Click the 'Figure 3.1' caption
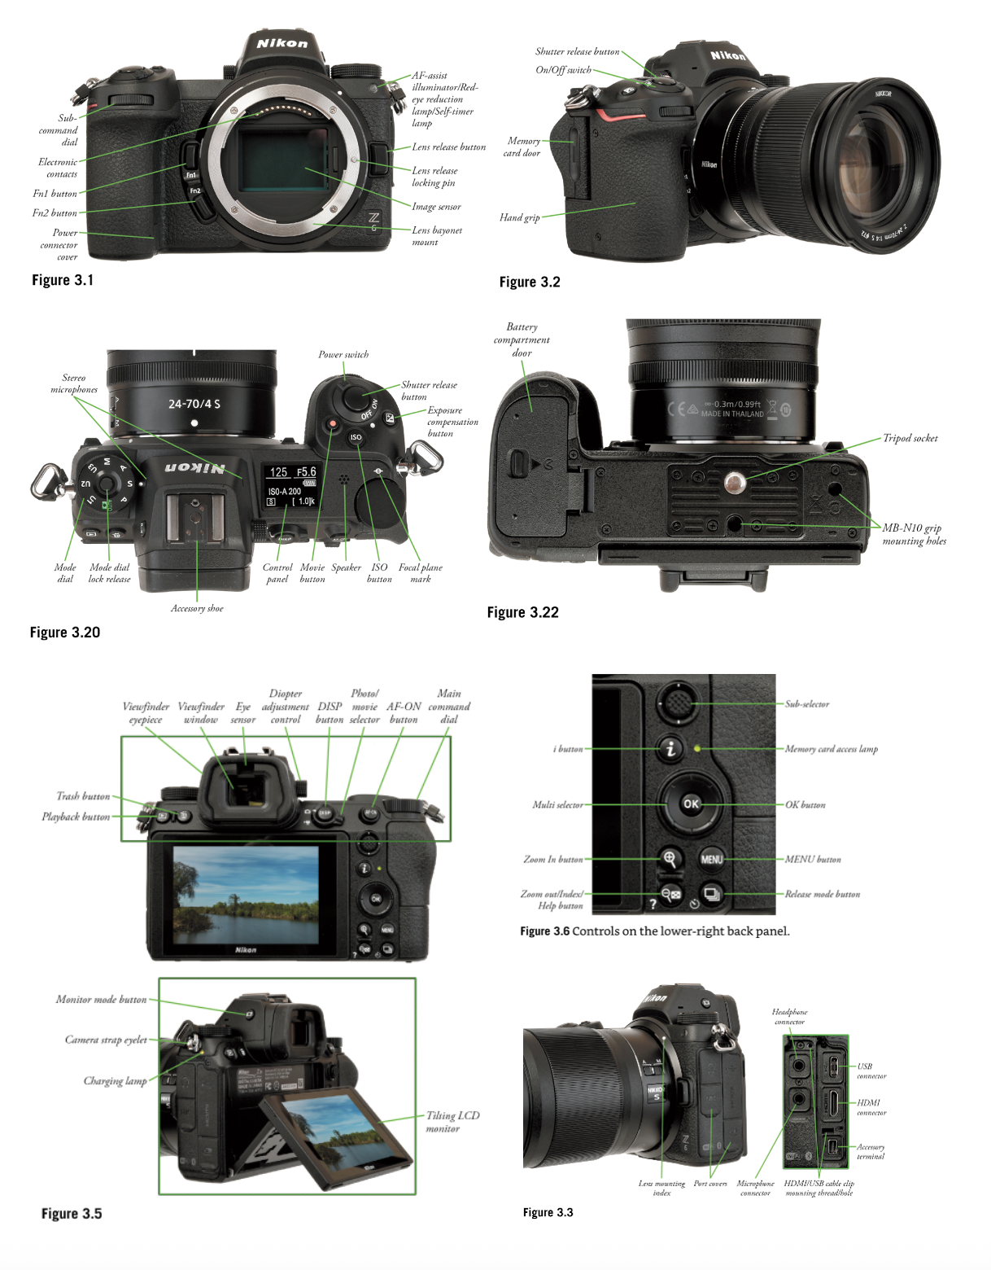pyautogui.click(x=63, y=280)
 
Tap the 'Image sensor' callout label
pyautogui.click(x=436, y=207)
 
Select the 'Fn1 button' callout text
pyautogui.click(x=55, y=194)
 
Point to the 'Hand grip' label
pyautogui.click(x=519, y=217)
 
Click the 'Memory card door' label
pyautogui.click(x=522, y=147)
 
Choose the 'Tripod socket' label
pyautogui.click(x=910, y=438)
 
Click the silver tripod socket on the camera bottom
pyautogui.click(x=735, y=483)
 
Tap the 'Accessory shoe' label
pyautogui.click(x=197, y=608)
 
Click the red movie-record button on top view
pyautogui.click(x=332, y=424)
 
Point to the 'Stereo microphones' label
pyautogui.click(x=74, y=383)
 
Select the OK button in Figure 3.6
pyautogui.click(x=691, y=804)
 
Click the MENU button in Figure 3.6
pyautogui.click(x=712, y=859)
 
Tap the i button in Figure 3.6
pyautogui.click(x=670, y=748)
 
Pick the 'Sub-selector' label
pyautogui.click(x=806, y=704)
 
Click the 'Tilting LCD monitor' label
pyautogui.click(x=452, y=1121)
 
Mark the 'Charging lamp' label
pyautogui.click(x=115, y=1081)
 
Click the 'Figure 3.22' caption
pyautogui.click(x=522, y=613)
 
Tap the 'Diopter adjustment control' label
pyautogui.click(x=285, y=707)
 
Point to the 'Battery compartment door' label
pyautogui.click(x=522, y=339)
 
